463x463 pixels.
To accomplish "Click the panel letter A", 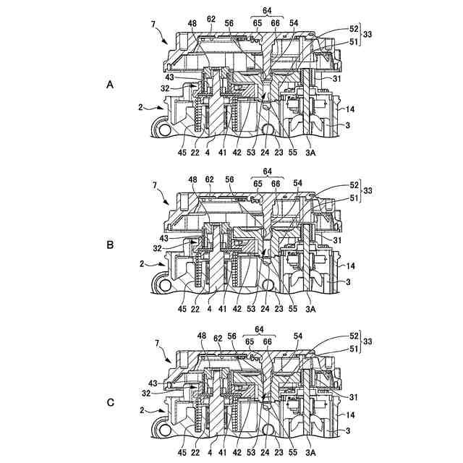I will click(110, 85).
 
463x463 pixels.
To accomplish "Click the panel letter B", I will click(110, 245).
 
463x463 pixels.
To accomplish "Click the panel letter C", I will click(110, 403).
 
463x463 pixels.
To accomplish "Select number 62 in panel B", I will click(210, 179).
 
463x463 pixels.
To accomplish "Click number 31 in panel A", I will click(336, 78).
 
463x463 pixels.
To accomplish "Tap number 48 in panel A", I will click(192, 23).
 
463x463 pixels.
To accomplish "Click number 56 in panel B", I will click(229, 179).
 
